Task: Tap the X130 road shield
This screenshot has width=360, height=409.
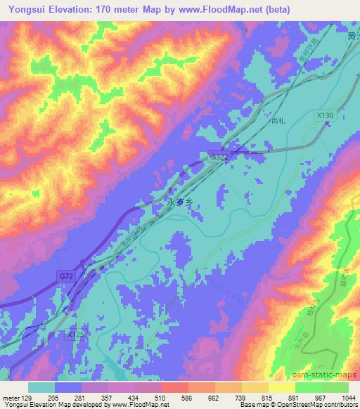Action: pyautogui.click(x=324, y=115)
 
